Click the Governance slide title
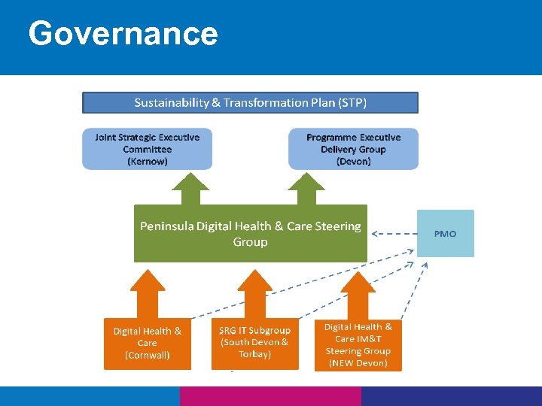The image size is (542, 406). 123,34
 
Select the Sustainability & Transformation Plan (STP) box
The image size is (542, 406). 250,102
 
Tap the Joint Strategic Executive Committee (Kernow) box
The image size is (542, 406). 148,149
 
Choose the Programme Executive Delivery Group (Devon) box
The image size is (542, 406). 353,149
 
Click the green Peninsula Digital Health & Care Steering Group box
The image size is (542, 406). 250,233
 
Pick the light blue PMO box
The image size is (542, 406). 446,234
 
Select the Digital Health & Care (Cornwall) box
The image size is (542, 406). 148,343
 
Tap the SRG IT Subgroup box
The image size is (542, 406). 254,343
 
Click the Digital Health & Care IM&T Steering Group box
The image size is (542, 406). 358,345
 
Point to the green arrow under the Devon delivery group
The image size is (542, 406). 306,189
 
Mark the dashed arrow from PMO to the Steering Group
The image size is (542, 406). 392,234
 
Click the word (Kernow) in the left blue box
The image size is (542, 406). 148,161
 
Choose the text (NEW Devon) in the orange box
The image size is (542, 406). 358,363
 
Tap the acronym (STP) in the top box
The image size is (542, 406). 352,102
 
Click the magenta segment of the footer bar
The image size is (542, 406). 270,396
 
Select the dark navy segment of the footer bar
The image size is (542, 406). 452,396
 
